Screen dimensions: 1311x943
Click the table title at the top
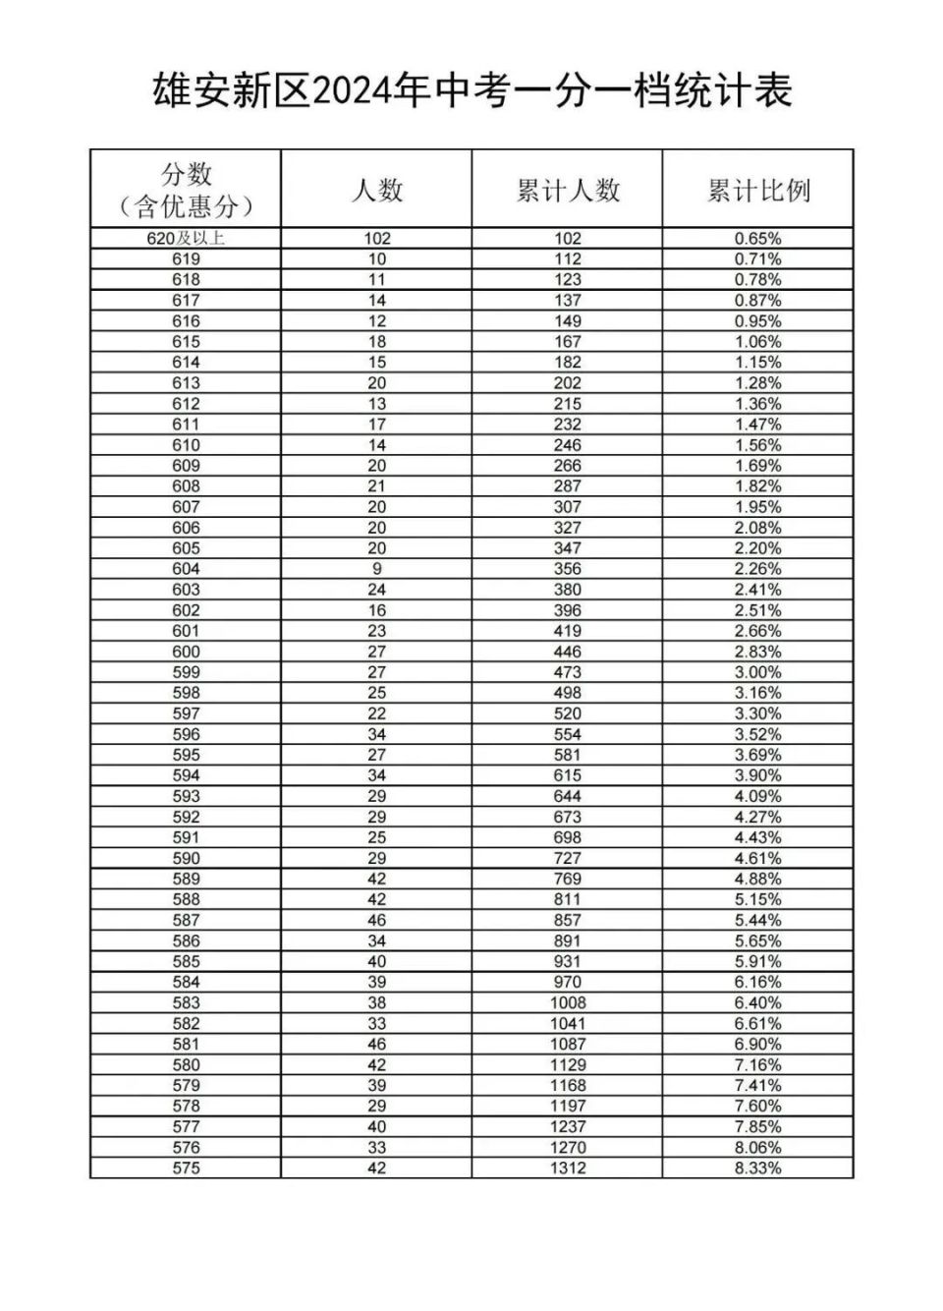(471, 91)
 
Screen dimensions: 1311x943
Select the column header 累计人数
(568, 190)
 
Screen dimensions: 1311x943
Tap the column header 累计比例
(758, 190)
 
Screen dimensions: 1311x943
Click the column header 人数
(377, 190)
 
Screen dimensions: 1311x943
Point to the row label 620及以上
(186, 238)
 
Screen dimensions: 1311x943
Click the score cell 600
(186, 652)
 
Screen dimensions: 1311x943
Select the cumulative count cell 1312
(568, 1168)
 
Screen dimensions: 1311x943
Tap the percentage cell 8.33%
(758, 1168)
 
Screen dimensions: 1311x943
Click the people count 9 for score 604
(377, 569)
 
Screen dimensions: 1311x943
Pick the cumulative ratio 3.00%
(758, 672)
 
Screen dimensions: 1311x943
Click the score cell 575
(186, 1168)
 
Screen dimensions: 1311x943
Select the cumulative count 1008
(568, 1002)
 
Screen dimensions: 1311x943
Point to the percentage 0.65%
(758, 238)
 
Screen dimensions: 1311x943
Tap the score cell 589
(186, 879)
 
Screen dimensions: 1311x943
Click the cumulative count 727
(568, 858)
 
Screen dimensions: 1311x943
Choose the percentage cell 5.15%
(758, 899)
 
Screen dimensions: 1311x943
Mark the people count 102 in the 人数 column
(377, 238)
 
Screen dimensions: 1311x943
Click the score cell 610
(186, 445)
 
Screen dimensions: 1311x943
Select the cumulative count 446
(568, 652)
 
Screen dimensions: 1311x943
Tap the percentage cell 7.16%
(758, 1064)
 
